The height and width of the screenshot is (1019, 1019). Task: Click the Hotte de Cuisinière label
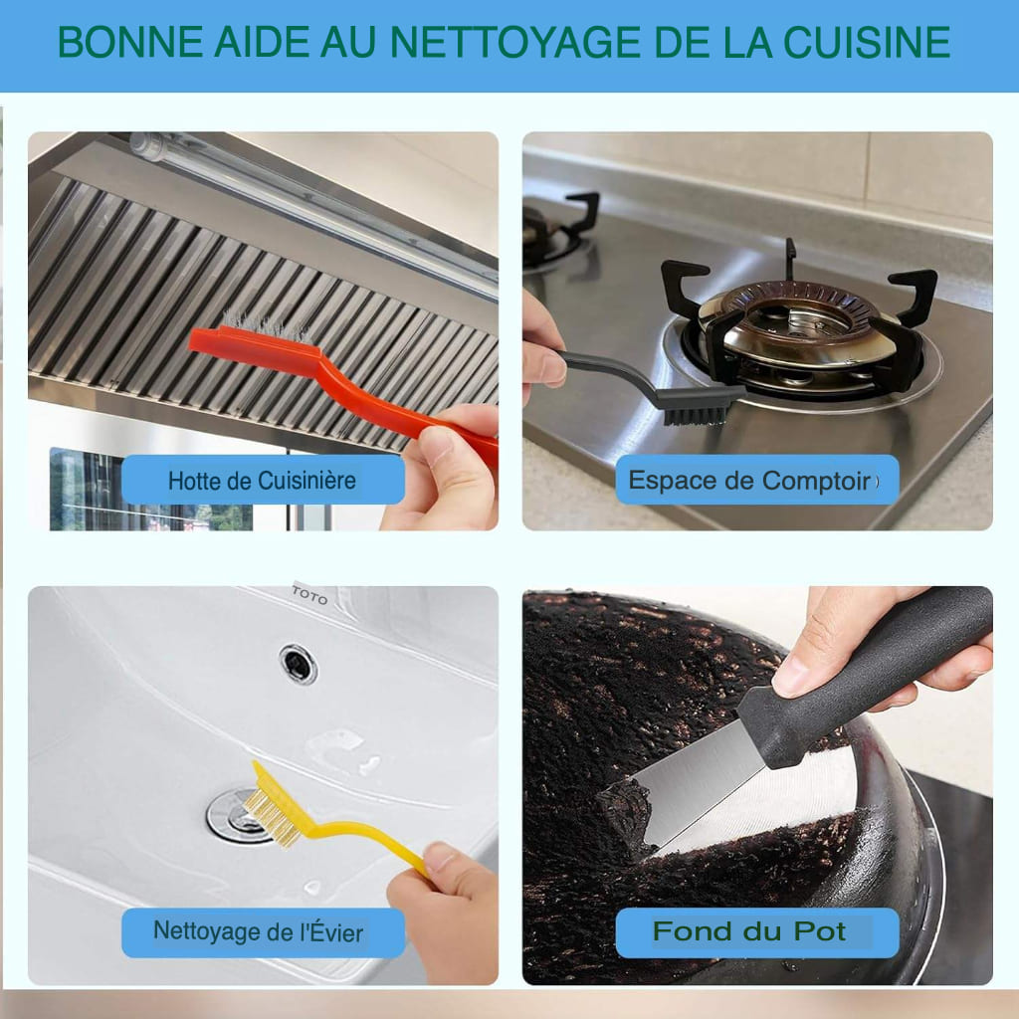point(262,481)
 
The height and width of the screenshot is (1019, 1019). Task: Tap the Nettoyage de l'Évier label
point(259,932)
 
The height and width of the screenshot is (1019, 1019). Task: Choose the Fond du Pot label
point(748,932)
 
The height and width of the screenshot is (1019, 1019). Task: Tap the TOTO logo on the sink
point(308,595)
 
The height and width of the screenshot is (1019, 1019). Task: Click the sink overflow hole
point(298,664)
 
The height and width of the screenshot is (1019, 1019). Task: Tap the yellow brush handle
point(368,836)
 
